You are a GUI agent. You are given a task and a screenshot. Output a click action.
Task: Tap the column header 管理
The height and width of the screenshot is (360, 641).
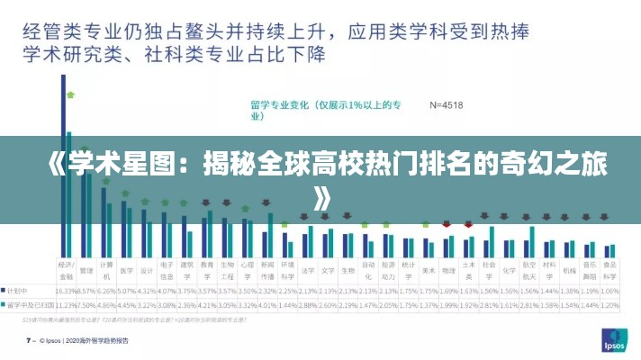coord(86,268)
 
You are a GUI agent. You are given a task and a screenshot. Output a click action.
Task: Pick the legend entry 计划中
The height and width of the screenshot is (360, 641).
coord(18,292)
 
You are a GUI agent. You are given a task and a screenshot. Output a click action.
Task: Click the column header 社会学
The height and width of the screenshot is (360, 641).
coord(488,268)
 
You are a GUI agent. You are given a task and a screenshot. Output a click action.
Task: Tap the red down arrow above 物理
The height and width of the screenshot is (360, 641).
coord(447,223)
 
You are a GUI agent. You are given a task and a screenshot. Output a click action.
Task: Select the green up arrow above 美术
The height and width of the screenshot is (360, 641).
coord(428,223)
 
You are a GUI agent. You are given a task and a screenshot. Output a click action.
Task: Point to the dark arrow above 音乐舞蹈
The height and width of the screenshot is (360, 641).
coord(589,217)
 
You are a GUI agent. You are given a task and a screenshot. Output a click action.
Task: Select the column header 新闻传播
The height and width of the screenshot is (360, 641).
coord(267,268)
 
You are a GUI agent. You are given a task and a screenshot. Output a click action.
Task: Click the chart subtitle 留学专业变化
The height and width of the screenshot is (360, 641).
coord(325,105)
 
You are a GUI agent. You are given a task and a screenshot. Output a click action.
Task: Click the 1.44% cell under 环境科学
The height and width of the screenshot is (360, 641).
coord(287,305)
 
